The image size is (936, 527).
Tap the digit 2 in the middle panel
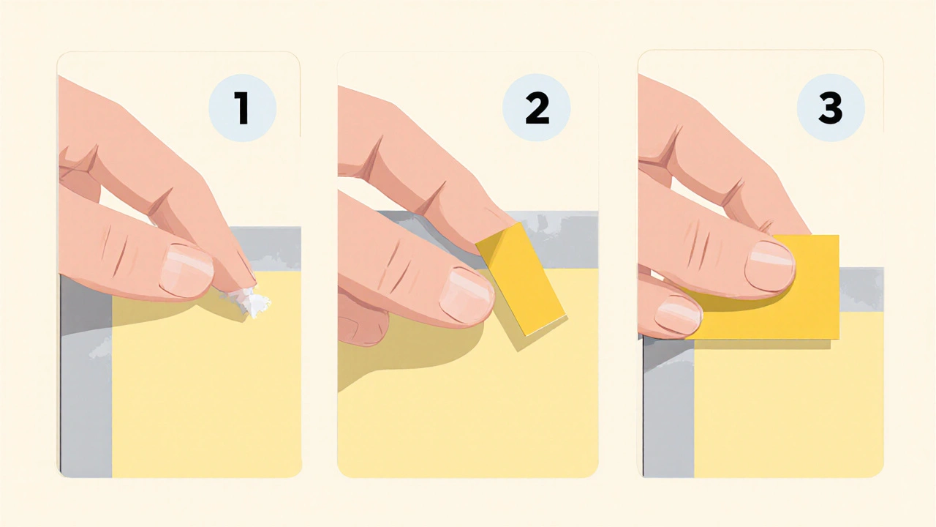pyautogui.click(x=537, y=108)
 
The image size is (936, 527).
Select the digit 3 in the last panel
pyautogui.click(x=830, y=108)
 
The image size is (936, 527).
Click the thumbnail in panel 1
pyautogui.click(x=186, y=271)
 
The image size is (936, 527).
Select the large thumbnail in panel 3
pyautogui.click(x=770, y=266)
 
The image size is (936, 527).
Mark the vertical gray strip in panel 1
pyautogui.click(x=86, y=376)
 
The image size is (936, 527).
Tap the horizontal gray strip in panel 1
pyautogui.click(x=268, y=248)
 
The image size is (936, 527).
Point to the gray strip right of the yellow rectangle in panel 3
pyautogui.click(x=861, y=289)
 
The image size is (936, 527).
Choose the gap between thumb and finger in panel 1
pyautogui.click(x=125, y=205)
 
